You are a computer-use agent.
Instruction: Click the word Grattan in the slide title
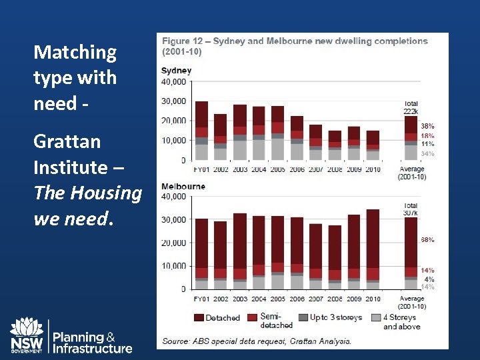point(67,141)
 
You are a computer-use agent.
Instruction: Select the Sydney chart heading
point(176,71)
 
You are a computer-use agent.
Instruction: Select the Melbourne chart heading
point(183,186)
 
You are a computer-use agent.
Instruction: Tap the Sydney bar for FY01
point(201,131)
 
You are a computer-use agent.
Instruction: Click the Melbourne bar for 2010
point(373,249)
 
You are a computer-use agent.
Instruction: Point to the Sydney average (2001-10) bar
point(411,139)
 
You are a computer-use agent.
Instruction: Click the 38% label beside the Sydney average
point(427,125)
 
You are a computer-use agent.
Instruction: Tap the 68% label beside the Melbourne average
point(427,239)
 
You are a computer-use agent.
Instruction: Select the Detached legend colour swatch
point(198,318)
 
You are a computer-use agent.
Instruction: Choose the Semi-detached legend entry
point(269,320)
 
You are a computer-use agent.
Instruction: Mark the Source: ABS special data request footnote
point(257,341)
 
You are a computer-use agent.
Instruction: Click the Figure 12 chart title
point(295,46)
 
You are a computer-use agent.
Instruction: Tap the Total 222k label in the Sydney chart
point(411,107)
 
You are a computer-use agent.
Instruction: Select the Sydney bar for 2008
point(335,145)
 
